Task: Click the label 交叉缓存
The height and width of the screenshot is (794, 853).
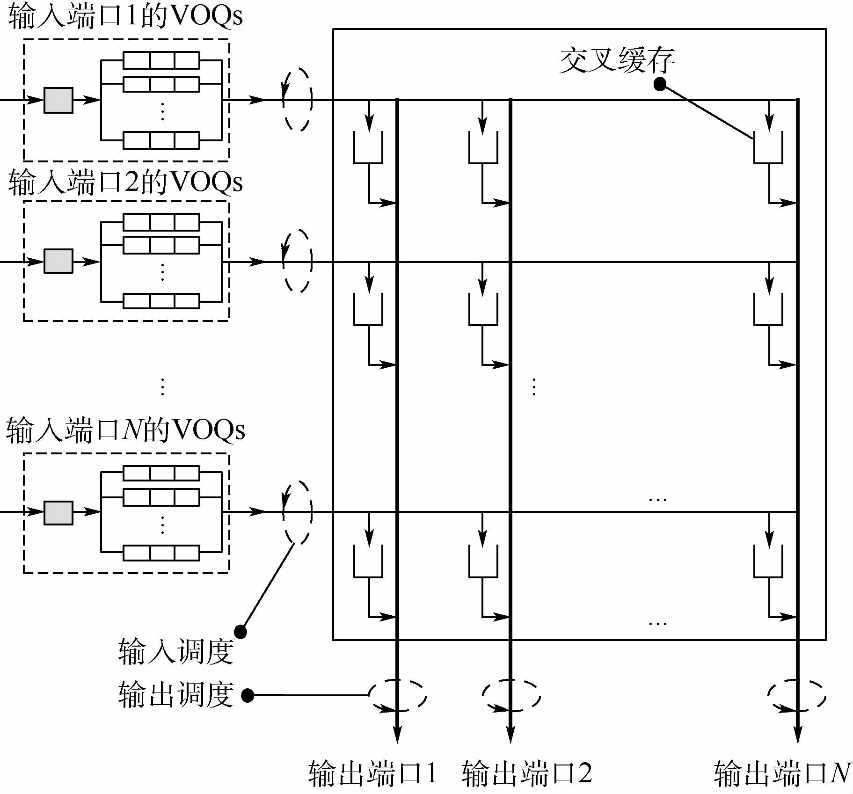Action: coord(617,60)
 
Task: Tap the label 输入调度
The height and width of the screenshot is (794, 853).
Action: coord(175,651)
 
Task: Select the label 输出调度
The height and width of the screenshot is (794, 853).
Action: coord(175,694)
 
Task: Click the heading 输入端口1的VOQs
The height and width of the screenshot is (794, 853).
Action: coord(125,17)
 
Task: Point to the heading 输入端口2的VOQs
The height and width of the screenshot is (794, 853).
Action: coord(125,182)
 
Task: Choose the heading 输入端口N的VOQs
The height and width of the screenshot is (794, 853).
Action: coord(125,430)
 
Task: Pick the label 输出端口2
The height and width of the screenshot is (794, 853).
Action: coord(527,772)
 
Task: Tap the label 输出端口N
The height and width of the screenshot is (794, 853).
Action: coord(782,772)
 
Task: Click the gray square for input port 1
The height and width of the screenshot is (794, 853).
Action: coord(58,100)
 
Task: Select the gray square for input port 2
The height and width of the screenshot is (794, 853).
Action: coord(58,261)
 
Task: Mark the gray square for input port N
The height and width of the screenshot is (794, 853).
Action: coord(58,513)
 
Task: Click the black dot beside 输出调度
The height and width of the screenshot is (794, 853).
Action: coord(248,695)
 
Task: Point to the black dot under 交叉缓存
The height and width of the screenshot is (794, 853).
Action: coord(660,84)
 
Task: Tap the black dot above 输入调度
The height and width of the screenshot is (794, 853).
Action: coord(240,632)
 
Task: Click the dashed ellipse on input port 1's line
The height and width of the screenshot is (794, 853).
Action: coord(297,100)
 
